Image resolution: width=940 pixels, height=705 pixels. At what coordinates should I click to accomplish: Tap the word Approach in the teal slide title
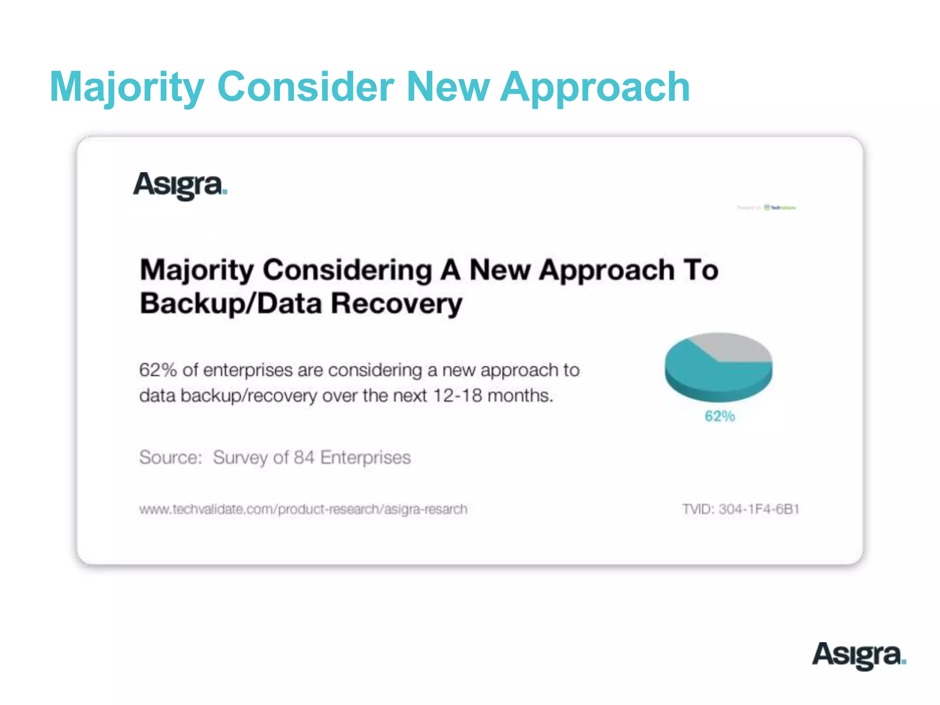point(595,87)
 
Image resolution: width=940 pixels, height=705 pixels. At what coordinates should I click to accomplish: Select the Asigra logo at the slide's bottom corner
point(859,655)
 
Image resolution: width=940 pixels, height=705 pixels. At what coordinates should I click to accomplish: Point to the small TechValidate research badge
point(767,208)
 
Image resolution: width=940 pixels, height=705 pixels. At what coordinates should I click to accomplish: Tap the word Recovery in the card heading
point(397,304)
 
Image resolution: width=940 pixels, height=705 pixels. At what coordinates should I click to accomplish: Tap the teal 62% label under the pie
point(720,416)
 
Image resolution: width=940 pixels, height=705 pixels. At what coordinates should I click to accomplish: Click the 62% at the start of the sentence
point(158,370)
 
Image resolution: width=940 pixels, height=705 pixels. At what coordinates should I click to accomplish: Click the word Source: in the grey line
point(171,458)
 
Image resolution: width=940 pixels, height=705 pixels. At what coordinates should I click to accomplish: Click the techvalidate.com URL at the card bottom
point(303,509)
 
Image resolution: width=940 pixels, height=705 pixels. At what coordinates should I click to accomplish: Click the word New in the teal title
point(448,87)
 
